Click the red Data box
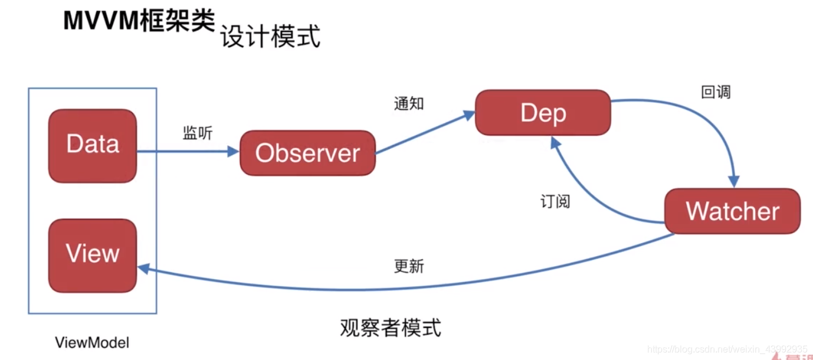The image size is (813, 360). click(93, 145)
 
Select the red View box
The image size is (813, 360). click(93, 255)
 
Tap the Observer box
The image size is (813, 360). click(307, 153)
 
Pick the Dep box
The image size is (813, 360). click(543, 113)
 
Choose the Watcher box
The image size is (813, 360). click(732, 211)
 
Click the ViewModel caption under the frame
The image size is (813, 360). click(92, 342)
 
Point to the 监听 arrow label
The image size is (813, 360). click(197, 133)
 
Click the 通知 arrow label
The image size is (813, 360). click(409, 103)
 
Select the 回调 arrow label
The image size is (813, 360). click(716, 92)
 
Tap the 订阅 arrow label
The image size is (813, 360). click(555, 201)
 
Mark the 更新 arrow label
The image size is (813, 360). click(409, 266)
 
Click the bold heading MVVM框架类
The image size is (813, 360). click(138, 21)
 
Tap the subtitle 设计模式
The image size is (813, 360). click(270, 37)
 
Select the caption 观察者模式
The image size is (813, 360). click(390, 327)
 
